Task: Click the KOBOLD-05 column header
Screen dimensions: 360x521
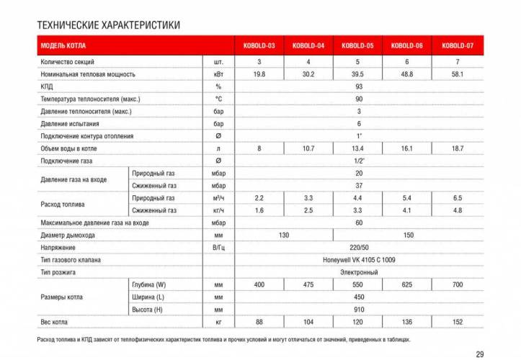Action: point(358,46)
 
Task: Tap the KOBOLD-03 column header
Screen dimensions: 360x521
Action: point(259,46)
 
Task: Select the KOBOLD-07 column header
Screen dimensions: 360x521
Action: point(458,46)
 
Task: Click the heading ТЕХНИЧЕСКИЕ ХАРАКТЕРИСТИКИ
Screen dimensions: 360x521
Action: point(108,25)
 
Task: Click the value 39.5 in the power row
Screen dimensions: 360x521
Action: point(358,74)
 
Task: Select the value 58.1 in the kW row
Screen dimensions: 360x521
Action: point(458,74)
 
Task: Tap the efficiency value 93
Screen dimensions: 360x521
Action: point(359,86)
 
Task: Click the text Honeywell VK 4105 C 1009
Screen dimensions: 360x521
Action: point(359,260)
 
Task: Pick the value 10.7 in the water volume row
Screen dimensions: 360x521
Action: point(308,148)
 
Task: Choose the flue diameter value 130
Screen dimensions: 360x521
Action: point(284,235)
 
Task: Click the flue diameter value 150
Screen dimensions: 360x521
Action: point(409,235)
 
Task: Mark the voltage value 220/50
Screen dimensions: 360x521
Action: point(359,248)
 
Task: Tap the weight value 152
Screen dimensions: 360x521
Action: point(458,322)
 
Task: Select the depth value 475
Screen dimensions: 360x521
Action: point(308,285)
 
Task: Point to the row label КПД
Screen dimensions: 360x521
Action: point(48,86)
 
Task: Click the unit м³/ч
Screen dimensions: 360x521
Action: point(218,198)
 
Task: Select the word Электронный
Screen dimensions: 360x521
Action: point(359,272)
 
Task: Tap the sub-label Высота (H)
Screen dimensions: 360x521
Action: point(148,310)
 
